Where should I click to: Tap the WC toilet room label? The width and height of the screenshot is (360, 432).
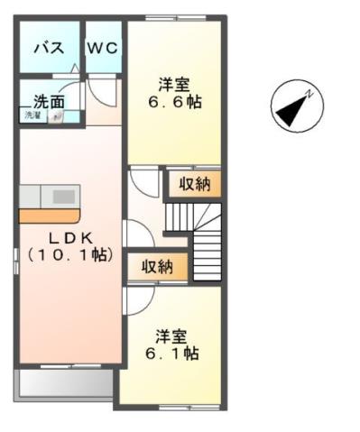click(x=103, y=49)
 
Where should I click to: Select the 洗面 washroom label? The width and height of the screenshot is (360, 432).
click(x=49, y=101)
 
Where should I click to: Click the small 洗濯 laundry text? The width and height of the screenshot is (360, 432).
click(x=32, y=115)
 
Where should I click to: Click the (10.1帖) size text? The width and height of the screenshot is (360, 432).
click(x=69, y=255)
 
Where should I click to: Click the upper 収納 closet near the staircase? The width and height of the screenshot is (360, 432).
click(x=193, y=185)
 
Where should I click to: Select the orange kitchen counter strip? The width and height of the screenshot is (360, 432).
click(x=49, y=216)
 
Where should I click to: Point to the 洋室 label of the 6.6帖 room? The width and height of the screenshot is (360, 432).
click(x=174, y=85)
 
